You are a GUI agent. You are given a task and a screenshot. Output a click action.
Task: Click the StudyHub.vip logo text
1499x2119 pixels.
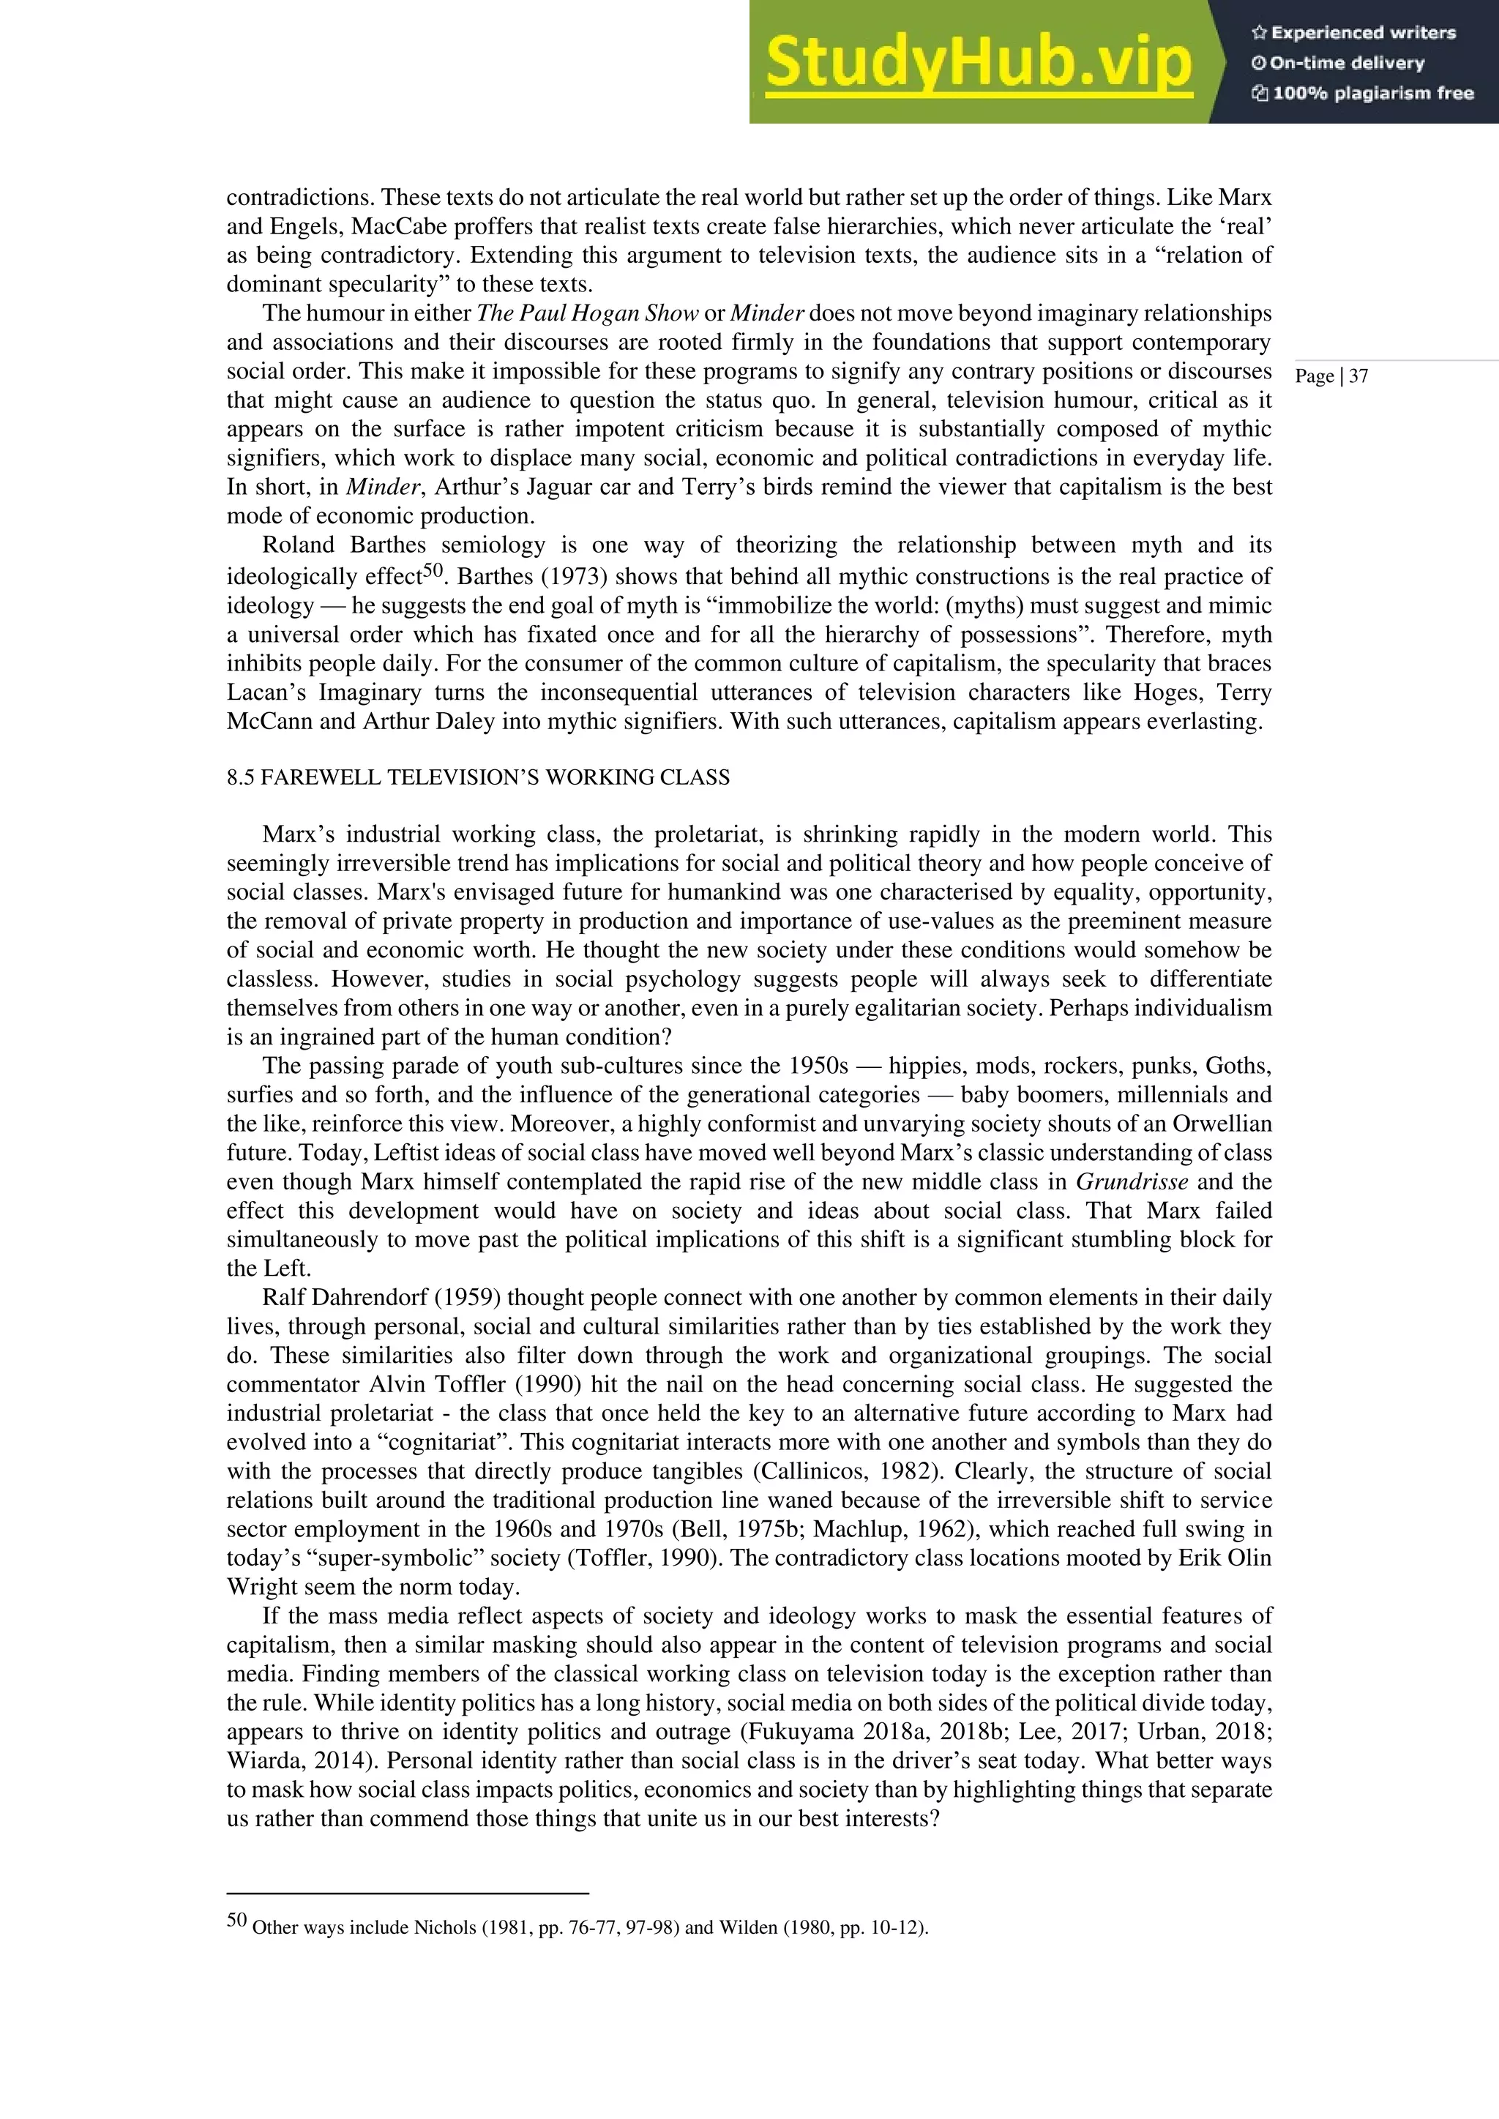(979, 63)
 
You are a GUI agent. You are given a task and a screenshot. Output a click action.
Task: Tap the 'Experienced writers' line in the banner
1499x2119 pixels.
(1354, 32)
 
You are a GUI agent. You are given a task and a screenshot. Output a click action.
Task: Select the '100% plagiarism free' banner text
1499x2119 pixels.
(1364, 93)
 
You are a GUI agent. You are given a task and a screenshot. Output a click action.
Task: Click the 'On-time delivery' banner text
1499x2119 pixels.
(1339, 63)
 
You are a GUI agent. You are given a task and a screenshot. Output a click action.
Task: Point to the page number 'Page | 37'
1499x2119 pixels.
(1331, 375)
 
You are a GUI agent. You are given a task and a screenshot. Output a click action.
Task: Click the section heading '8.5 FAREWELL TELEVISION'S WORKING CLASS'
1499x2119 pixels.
(478, 777)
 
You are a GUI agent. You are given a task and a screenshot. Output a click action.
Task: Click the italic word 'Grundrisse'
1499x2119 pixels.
(1132, 1181)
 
